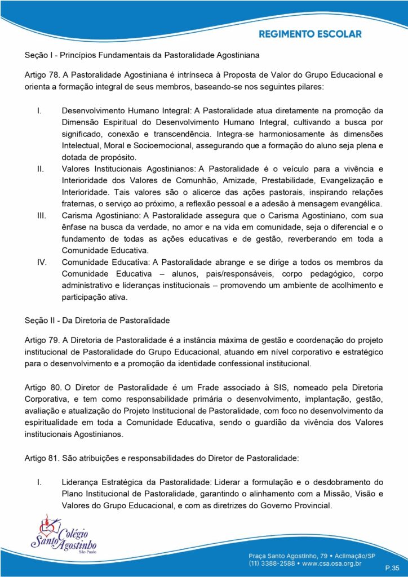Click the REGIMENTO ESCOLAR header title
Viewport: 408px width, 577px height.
(x=310, y=34)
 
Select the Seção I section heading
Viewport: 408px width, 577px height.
(x=141, y=56)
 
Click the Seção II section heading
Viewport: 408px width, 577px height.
(x=97, y=321)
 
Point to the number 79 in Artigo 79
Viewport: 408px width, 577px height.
(x=55, y=340)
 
